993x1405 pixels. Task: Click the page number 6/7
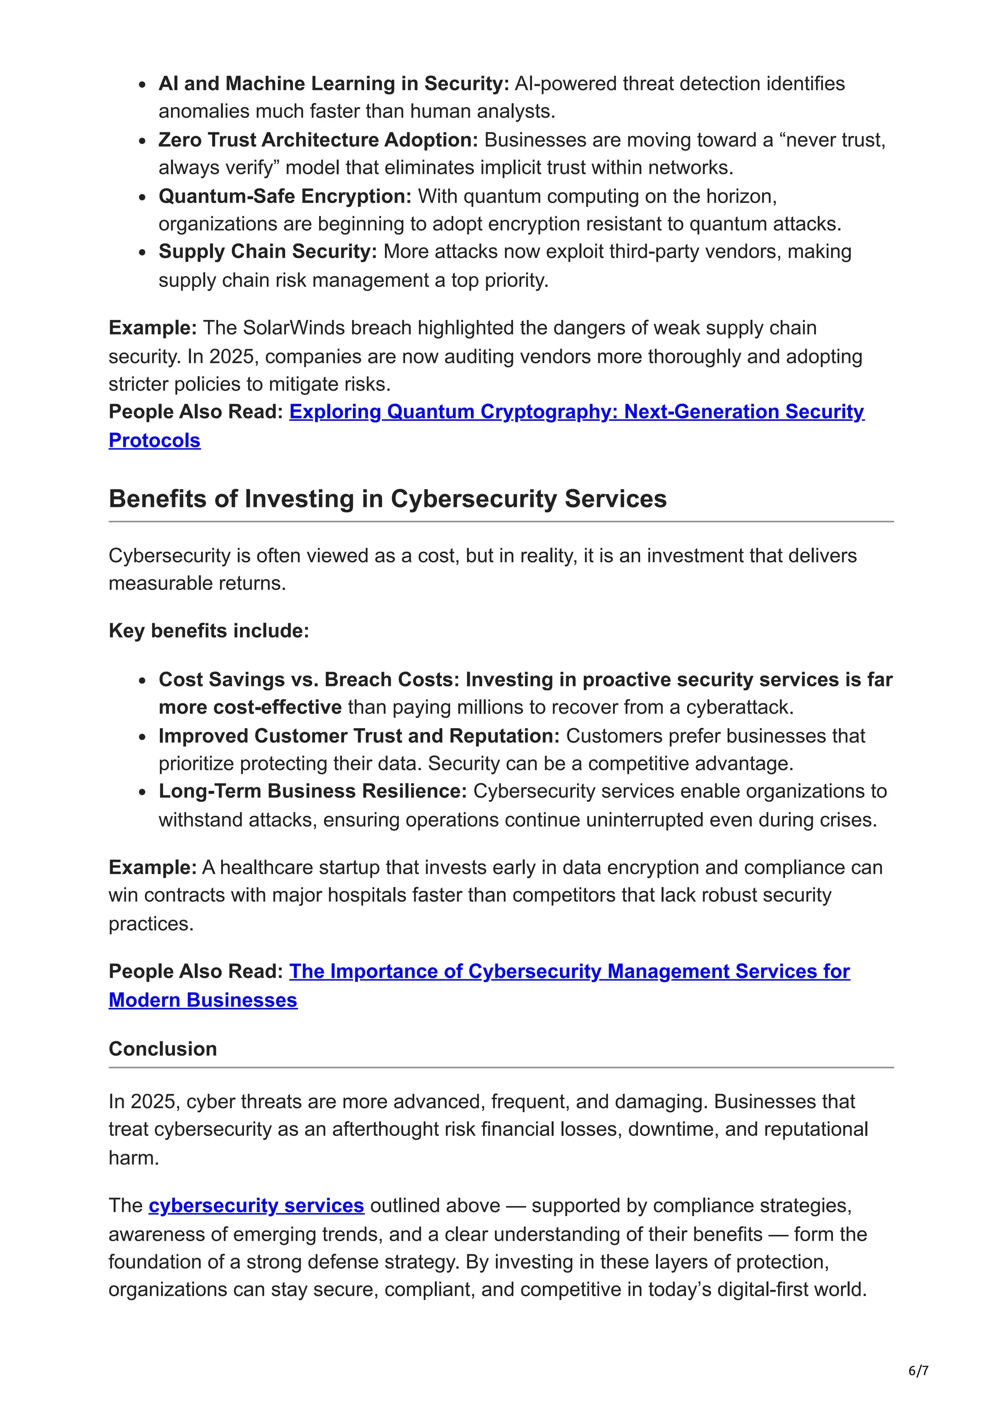[x=918, y=1370]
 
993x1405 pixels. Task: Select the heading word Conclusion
[x=163, y=1048]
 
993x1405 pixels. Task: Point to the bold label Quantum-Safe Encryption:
[x=285, y=196]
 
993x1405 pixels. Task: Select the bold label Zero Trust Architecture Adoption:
[x=318, y=140]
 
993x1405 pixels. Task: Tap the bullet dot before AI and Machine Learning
[x=142, y=85]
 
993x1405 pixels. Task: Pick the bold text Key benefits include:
[x=208, y=630]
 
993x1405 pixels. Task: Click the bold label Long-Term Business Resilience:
[x=313, y=791]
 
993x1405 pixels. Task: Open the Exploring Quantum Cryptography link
[x=577, y=412]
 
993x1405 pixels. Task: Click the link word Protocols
[x=155, y=441]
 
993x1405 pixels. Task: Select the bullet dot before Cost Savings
[x=142, y=681]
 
